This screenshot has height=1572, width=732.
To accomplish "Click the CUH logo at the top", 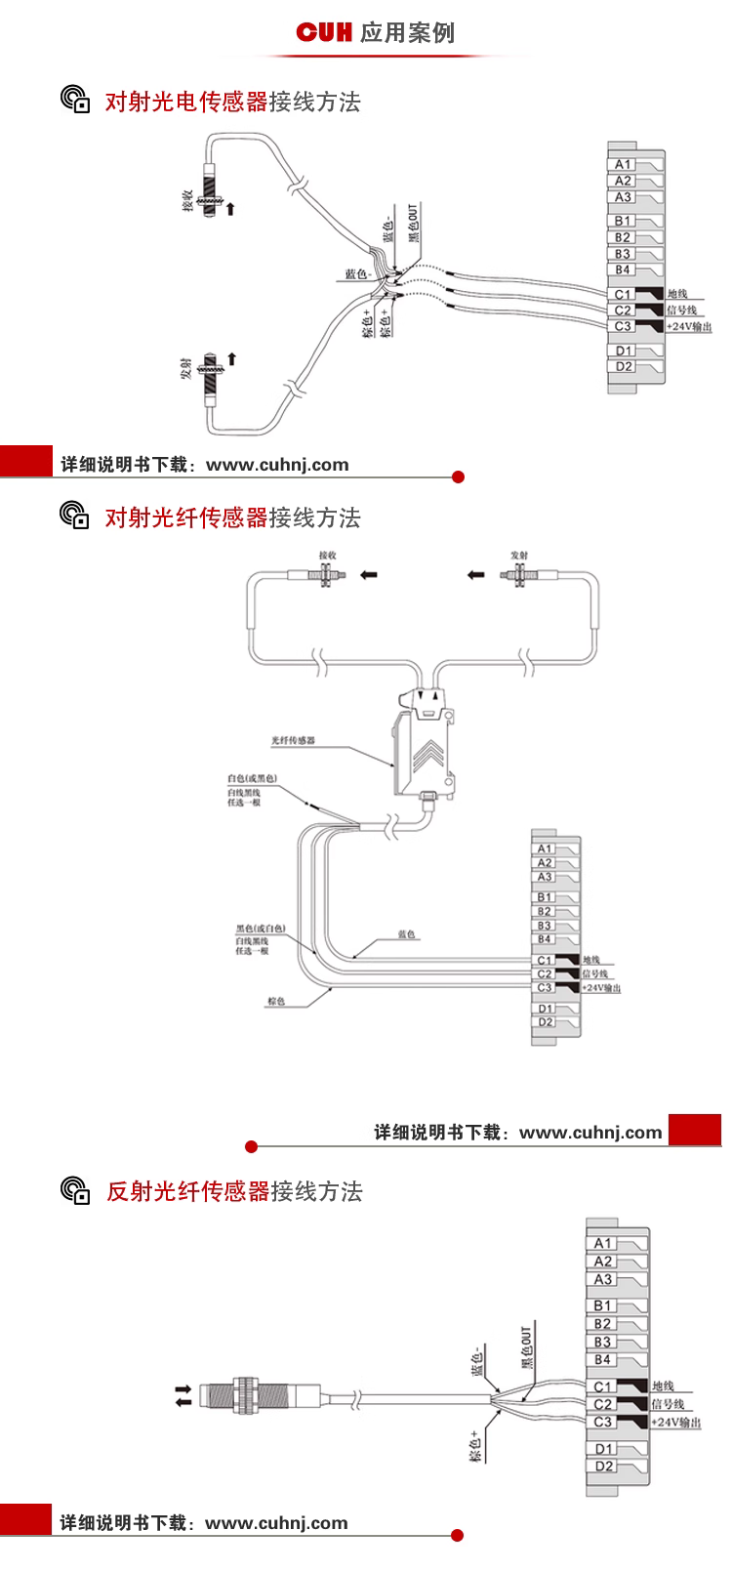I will pyautogui.click(x=323, y=33).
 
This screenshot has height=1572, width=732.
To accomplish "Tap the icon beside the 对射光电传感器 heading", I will pyautogui.click(x=75, y=101).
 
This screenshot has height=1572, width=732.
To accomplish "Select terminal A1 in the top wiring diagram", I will pyautogui.click(x=623, y=165).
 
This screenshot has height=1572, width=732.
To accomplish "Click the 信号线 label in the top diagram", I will pyautogui.click(x=681, y=310).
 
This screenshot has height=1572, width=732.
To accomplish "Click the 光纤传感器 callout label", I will pyautogui.click(x=293, y=741).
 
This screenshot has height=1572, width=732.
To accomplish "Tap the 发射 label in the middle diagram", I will pyautogui.click(x=519, y=556).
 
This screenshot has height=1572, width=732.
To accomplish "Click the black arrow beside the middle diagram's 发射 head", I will pyautogui.click(x=475, y=575).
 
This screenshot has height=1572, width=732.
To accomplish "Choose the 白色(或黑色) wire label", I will pyautogui.click(x=252, y=779).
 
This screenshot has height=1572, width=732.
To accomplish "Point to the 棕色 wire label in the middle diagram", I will pyautogui.click(x=275, y=1002).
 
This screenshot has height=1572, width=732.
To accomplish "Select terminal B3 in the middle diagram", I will pyautogui.click(x=545, y=926).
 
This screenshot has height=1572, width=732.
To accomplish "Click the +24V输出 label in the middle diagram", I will pyautogui.click(x=601, y=988).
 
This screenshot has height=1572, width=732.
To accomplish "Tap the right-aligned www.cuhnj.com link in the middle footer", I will pyautogui.click(x=590, y=1133).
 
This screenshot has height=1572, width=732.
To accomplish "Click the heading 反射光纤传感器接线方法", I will pyautogui.click(x=234, y=1192).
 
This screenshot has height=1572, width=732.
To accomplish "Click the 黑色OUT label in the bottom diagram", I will pyautogui.click(x=526, y=1347).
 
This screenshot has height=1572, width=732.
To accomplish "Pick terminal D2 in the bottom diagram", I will pyautogui.click(x=604, y=1467).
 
